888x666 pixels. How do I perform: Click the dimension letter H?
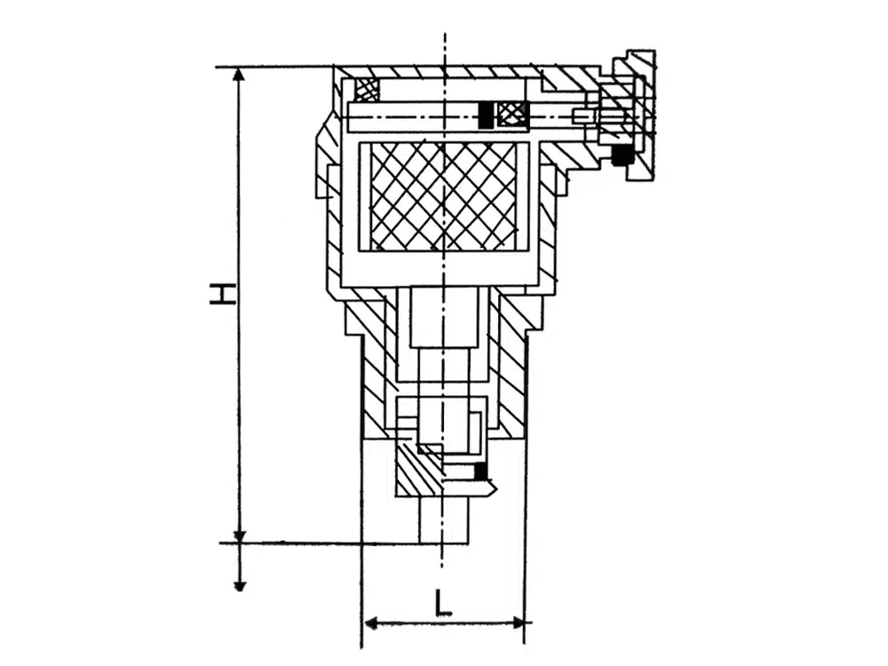click(222, 295)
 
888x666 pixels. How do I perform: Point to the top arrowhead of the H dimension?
click(240, 75)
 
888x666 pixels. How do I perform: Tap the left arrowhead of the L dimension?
click(370, 623)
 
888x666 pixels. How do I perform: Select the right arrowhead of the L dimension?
click(517, 623)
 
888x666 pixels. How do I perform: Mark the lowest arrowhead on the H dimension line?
click(240, 584)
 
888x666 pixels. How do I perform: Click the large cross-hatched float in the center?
click(443, 196)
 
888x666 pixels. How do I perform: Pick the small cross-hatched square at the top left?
click(366, 90)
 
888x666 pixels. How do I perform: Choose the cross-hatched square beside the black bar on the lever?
click(512, 115)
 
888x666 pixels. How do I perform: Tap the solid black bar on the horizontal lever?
click(486, 115)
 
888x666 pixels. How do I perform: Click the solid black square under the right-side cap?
click(622, 154)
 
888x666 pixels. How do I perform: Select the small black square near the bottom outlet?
click(480, 470)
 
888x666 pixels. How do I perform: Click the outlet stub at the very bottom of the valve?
click(443, 519)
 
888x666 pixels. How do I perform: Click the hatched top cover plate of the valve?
click(439, 72)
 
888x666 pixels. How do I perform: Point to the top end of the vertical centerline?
click(445, 32)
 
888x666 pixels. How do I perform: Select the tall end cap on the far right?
click(640, 115)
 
